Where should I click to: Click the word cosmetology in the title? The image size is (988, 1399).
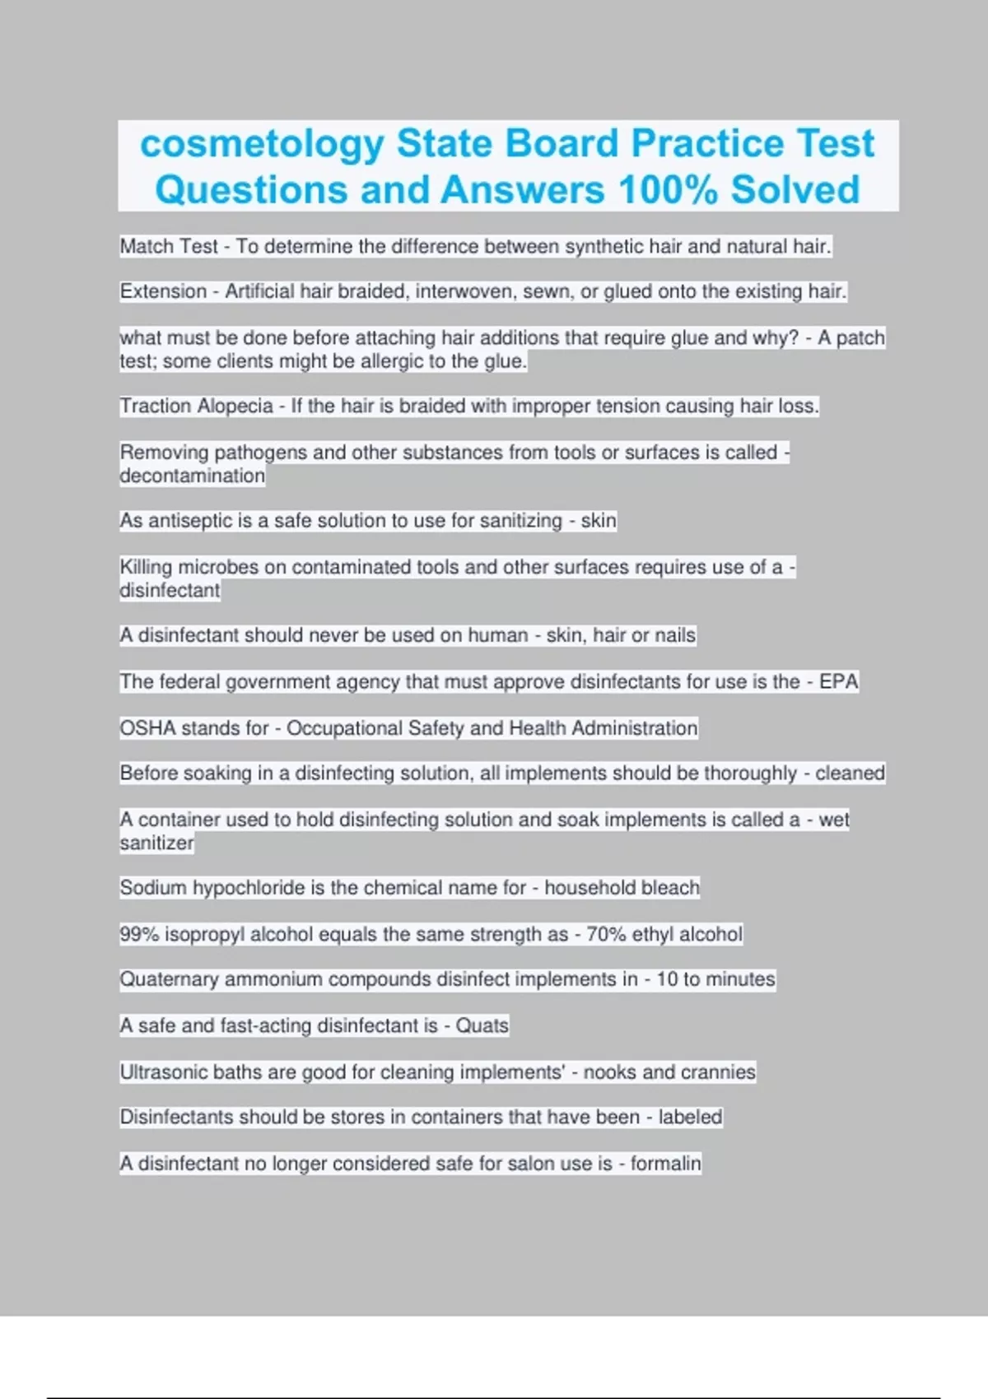point(262,144)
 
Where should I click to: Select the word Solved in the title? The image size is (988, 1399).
point(795,190)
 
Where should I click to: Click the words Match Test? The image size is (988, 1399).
point(169,246)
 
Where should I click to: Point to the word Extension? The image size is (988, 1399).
point(163,291)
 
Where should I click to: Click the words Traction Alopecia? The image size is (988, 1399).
point(196,406)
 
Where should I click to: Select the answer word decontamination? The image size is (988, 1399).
point(193,476)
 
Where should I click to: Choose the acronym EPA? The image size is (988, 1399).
point(838,681)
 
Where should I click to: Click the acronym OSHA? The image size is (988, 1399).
point(147,728)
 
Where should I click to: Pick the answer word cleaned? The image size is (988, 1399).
point(850,774)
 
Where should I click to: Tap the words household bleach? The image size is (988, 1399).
point(622,888)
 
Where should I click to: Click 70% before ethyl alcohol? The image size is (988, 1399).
point(605,934)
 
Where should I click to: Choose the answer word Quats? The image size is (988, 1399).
point(482,1025)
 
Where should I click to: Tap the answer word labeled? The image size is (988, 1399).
point(690,1117)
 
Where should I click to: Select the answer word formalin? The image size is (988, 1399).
point(665,1164)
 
